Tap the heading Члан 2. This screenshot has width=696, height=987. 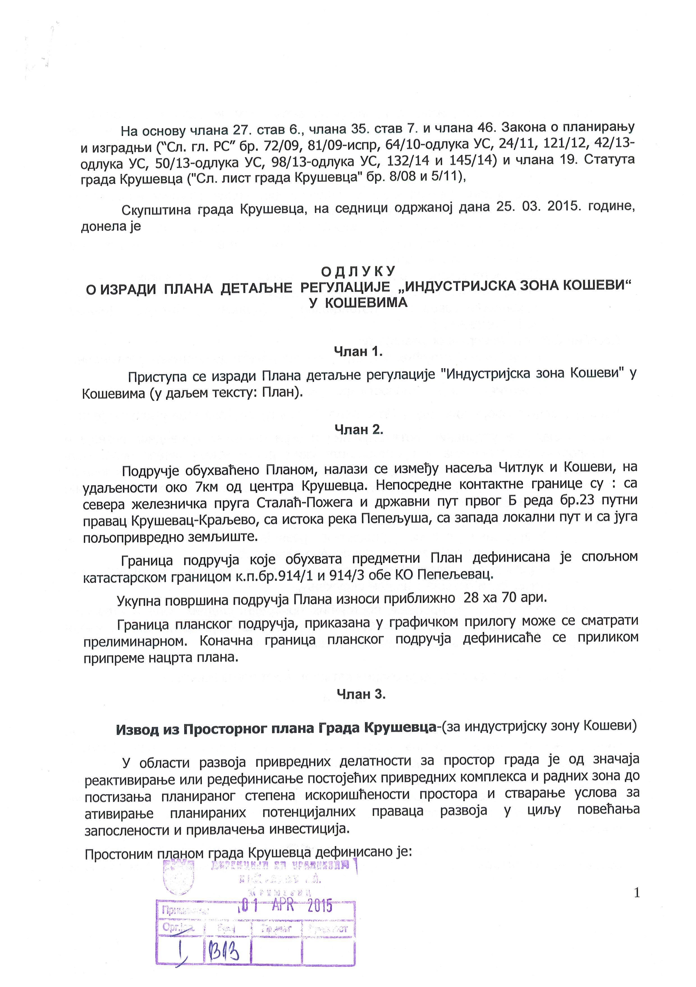point(359,430)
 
